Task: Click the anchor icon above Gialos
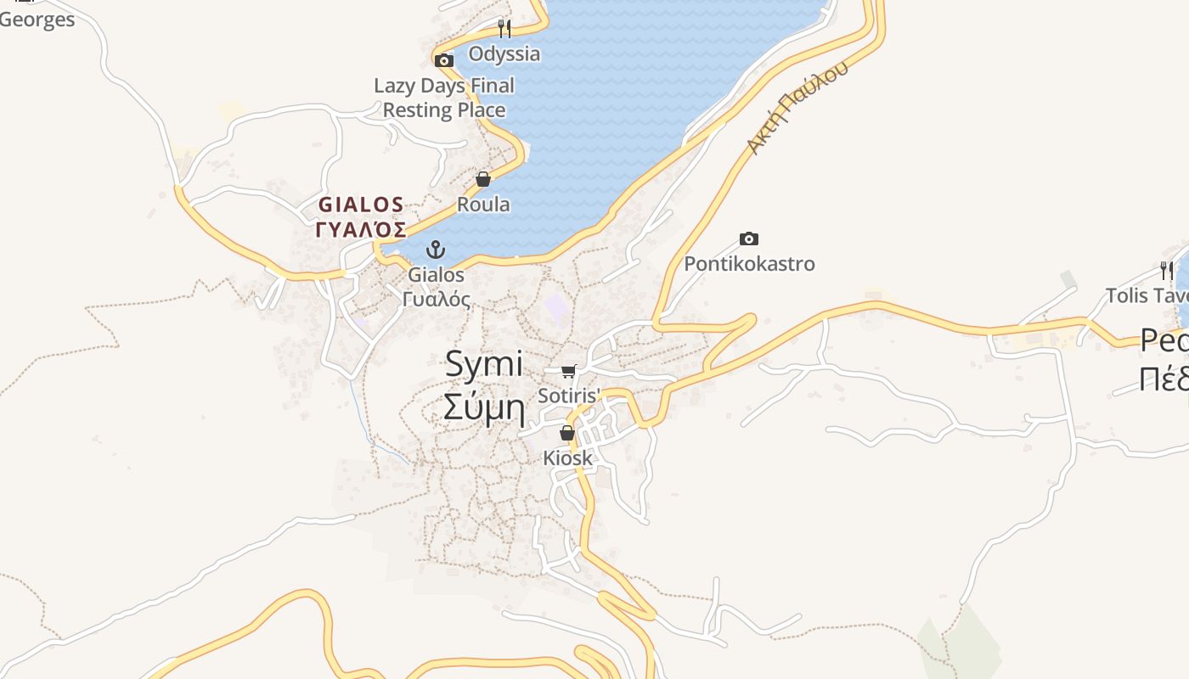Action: pos(436,250)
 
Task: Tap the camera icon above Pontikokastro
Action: pos(748,238)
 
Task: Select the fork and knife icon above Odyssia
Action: pos(504,29)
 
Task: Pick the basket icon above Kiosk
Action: pos(567,433)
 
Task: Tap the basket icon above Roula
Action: pos(483,179)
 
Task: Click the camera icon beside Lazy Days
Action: pos(443,60)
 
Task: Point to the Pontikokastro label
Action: pos(749,264)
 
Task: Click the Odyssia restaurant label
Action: pos(504,53)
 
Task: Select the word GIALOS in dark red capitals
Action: pos(361,205)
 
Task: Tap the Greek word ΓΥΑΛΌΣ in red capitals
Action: pos(361,229)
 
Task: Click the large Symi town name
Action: pos(484,364)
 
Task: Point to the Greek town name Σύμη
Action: pos(484,407)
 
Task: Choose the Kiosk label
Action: pos(567,458)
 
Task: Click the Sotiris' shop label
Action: pos(569,396)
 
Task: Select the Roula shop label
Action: pos(483,205)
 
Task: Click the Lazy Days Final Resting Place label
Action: pos(444,98)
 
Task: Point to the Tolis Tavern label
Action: pos(1147,295)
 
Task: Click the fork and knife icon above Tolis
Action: pos(1166,271)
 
